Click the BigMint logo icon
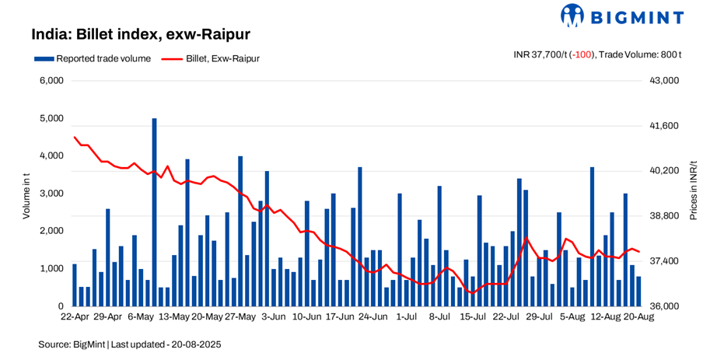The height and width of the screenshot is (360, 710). pos(572,16)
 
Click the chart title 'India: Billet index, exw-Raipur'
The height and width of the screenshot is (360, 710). pos(140,35)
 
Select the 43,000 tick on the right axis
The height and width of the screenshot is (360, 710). pos(664,81)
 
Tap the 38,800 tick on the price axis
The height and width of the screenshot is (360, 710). pos(664,216)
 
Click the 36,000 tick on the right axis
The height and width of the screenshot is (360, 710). pos(664,306)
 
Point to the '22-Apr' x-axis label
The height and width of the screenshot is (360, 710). pos(75,317)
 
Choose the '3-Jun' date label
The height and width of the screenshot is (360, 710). pos(275,317)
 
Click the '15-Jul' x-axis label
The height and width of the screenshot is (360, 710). pos(474,317)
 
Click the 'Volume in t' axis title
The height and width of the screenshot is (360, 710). pos(26,193)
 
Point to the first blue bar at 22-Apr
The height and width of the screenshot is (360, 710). pos(75,285)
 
